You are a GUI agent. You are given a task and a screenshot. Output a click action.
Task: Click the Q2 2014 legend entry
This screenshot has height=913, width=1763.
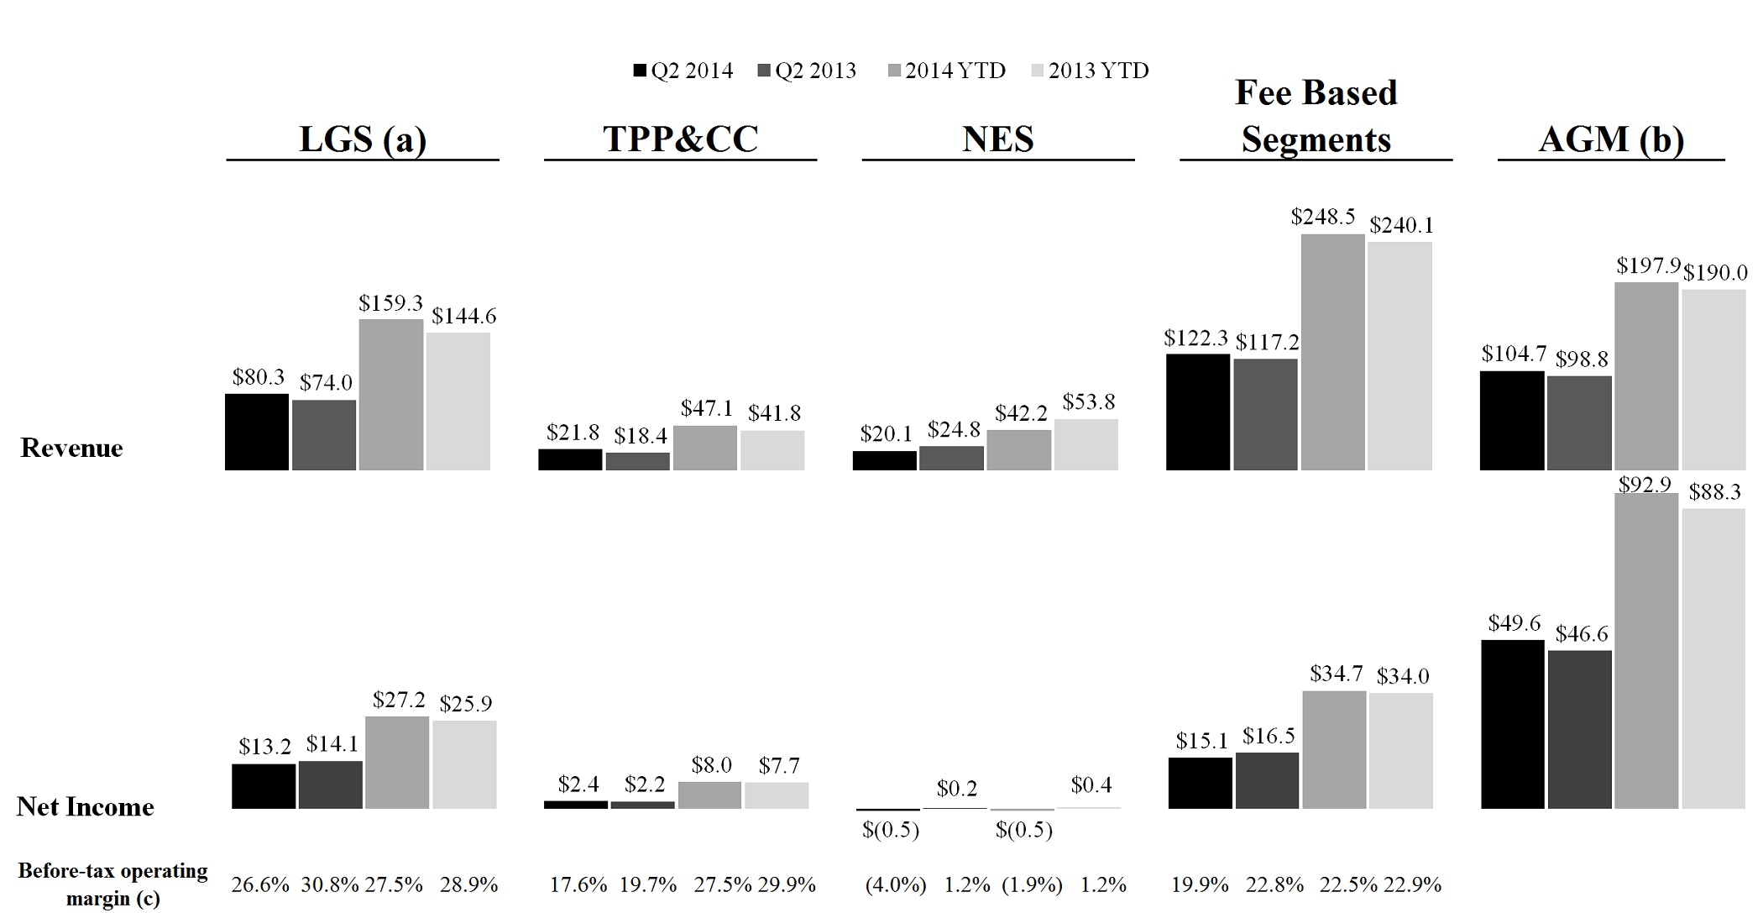tap(683, 71)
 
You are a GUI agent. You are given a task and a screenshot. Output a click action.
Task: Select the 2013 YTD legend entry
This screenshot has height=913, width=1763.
tap(1089, 71)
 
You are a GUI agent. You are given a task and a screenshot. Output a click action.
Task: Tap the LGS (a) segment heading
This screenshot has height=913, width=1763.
tap(363, 139)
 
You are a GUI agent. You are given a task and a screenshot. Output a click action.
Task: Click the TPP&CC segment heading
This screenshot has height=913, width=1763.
tap(680, 139)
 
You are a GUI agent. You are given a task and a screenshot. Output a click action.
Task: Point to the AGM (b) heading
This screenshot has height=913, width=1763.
tap(1611, 139)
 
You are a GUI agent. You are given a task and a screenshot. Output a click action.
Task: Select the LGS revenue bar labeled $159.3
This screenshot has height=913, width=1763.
tap(390, 395)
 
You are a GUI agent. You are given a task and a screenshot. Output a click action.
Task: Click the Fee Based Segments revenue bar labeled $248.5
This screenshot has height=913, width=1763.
tap(1332, 352)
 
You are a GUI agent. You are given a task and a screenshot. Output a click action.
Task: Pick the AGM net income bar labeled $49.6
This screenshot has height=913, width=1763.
tap(1512, 724)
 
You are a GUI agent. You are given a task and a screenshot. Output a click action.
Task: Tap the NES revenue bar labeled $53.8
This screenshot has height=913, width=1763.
tap(1086, 444)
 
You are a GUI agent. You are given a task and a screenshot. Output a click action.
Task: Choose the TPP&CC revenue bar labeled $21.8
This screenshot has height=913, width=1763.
tap(570, 459)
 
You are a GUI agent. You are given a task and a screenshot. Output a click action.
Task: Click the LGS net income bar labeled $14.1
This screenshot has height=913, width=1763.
tap(330, 784)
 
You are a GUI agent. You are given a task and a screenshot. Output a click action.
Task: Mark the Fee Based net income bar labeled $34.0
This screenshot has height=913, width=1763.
tap(1400, 751)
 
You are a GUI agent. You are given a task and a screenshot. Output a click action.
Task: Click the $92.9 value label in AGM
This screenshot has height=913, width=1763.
tap(1645, 485)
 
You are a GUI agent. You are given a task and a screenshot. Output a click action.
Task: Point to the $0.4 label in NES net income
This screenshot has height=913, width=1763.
tap(1091, 785)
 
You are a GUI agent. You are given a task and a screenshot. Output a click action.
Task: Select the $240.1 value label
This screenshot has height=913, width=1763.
tap(1401, 225)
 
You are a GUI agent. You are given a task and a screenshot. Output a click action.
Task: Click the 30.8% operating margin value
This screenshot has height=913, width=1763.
tap(330, 884)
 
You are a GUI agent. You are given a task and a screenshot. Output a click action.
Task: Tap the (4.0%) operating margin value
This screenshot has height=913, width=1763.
tap(896, 884)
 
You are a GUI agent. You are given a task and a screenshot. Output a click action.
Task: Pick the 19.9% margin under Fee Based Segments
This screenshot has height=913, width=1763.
tap(1200, 884)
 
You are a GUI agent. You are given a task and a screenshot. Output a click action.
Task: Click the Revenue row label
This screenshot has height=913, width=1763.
tap(71, 448)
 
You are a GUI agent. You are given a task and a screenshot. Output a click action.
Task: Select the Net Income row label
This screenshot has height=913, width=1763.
tap(86, 807)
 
